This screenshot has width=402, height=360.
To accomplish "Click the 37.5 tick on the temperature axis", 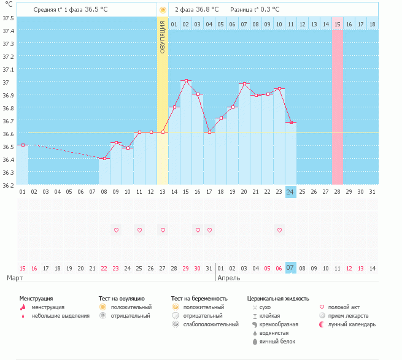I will (9, 18).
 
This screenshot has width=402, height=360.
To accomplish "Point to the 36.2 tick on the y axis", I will (9, 185).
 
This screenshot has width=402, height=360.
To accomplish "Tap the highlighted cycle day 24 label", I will (291, 192).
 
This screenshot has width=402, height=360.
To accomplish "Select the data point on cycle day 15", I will (186, 81).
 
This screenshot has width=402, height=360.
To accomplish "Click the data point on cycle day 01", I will (22, 145).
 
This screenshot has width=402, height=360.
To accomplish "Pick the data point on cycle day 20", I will (244, 84).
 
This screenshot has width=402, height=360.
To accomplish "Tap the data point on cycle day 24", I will (291, 123).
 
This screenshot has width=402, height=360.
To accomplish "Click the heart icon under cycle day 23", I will (279, 230).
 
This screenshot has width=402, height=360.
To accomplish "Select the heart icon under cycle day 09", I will (116, 230).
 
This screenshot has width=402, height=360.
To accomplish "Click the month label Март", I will (15, 278).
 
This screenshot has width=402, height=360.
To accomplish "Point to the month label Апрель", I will (229, 278).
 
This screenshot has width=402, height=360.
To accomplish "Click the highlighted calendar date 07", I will (291, 268).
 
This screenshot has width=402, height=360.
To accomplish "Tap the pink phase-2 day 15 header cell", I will (338, 24).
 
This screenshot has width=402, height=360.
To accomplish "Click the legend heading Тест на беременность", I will (199, 298).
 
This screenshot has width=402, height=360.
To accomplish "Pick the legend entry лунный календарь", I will (352, 324).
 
